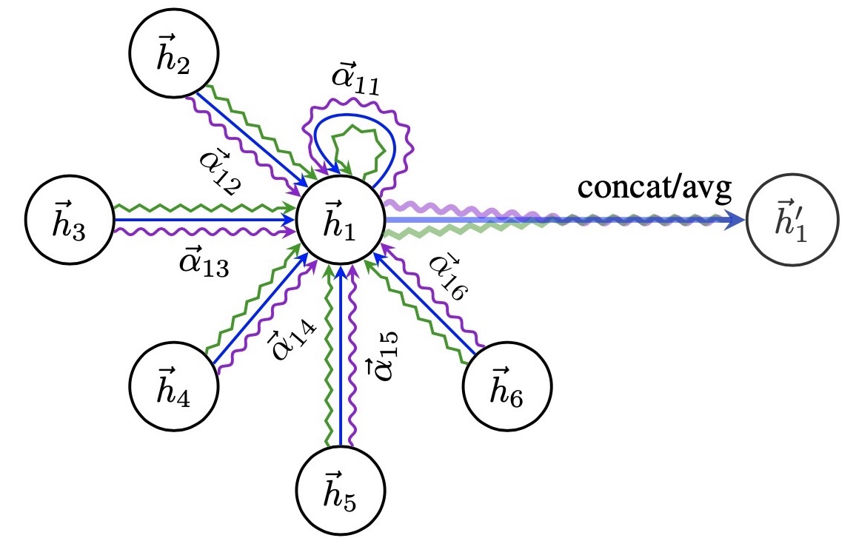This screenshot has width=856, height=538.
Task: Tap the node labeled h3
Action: coord(70,220)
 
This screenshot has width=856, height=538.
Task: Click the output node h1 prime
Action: coord(791,220)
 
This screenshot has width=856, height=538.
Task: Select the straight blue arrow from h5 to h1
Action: coord(341,355)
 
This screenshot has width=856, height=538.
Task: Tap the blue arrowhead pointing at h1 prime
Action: coord(735,220)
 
